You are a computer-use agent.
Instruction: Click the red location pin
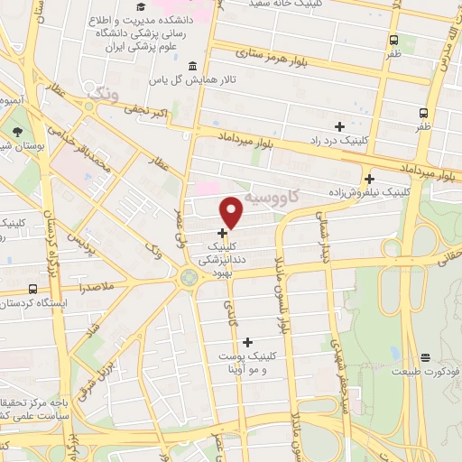click(x=232, y=212)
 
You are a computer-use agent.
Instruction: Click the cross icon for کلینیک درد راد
click(x=339, y=125)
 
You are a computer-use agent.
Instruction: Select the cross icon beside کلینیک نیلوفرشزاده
click(x=368, y=178)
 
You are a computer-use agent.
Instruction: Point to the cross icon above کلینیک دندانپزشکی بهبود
click(x=222, y=232)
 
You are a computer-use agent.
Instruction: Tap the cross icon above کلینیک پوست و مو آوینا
click(x=246, y=341)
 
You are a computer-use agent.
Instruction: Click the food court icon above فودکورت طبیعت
click(x=425, y=357)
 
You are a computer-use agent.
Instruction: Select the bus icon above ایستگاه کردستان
click(x=33, y=289)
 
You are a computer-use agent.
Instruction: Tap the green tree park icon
click(x=18, y=132)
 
